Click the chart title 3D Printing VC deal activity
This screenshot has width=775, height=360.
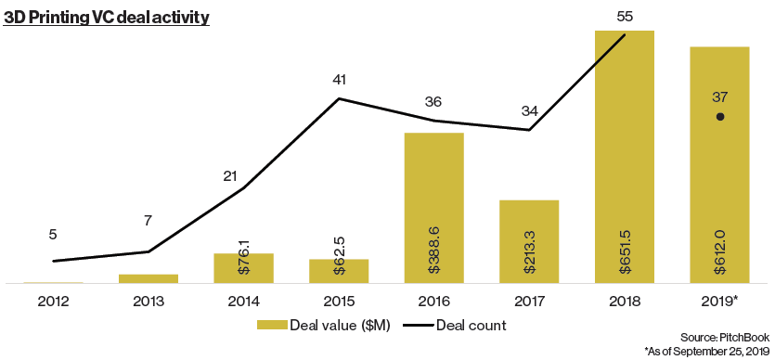tap(106, 18)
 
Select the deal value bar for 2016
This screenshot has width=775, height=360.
tap(434, 208)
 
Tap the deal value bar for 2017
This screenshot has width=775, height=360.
tap(529, 241)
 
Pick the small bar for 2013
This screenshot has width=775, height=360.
tap(149, 278)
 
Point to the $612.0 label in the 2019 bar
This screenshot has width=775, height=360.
tap(720, 255)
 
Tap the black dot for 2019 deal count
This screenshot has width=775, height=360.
tap(720, 117)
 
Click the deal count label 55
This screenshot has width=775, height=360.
tap(626, 17)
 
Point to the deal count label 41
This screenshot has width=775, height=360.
tap(339, 80)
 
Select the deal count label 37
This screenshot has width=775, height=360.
tap(720, 97)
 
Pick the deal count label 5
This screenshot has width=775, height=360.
tap(53, 234)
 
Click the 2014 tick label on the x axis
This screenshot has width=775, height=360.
tap(244, 301)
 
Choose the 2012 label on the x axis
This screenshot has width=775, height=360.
tap(54, 301)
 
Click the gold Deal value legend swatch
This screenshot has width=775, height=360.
tap(271, 325)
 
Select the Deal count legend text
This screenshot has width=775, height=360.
tap(471, 325)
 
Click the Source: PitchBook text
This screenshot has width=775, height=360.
tap(725, 338)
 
